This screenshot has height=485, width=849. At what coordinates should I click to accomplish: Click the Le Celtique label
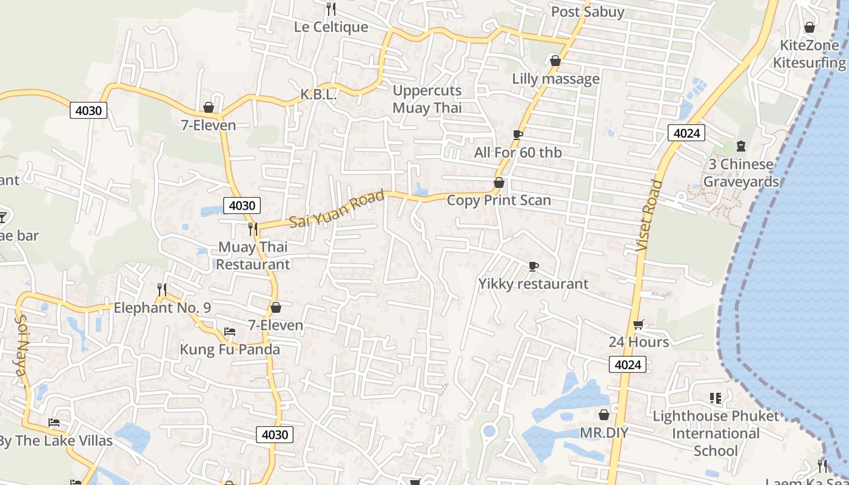click(x=331, y=27)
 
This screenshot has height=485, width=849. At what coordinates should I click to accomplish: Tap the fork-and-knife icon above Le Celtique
click(x=331, y=8)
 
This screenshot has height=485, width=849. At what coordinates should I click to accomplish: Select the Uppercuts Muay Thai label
click(x=427, y=99)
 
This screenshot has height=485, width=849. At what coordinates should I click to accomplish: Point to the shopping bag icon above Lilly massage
click(x=555, y=61)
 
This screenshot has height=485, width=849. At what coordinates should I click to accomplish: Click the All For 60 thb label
click(x=518, y=153)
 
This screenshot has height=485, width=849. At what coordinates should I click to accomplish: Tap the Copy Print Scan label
click(x=498, y=200)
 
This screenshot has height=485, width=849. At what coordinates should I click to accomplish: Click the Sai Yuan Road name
click(x=337, y=209)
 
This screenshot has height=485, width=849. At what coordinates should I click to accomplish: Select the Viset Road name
click(x=647, y=215)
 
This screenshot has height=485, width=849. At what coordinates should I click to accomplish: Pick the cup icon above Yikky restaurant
click(x=533, y=266)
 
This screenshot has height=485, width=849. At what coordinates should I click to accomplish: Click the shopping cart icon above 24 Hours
click(x=638, y=325)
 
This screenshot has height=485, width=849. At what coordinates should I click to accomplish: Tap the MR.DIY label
click(x=603, y=433)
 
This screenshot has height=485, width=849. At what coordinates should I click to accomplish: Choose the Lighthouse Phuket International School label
click(x=716, y=433)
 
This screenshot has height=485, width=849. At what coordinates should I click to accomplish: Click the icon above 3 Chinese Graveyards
click(x=740, y=146)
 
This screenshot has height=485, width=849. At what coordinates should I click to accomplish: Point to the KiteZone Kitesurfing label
click(x=809, y=54)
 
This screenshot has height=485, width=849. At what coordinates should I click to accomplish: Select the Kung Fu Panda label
click(x=230, y=350)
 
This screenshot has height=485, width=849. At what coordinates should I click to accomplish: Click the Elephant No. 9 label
click(x=163, y=308)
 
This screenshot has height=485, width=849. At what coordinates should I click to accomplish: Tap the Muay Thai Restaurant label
click(x=253, y=256)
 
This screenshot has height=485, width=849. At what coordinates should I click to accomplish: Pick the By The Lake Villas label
click(x=56, y=441)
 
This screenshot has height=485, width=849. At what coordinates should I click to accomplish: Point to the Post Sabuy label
click(x=587, y=12)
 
